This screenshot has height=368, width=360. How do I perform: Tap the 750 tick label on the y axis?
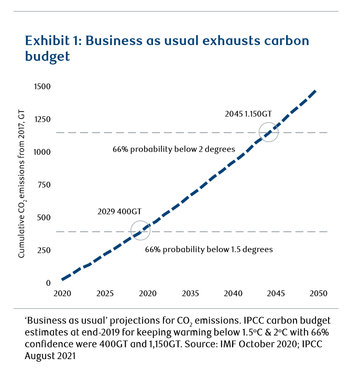44,185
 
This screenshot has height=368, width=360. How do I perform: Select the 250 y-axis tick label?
44,251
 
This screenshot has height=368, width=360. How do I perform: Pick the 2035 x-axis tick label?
189,294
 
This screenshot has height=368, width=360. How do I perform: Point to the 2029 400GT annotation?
119,212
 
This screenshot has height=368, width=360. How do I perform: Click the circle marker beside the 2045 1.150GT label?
269,132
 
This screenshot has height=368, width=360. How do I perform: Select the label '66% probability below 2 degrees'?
173,149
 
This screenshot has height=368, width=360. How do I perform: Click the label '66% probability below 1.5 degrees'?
209,250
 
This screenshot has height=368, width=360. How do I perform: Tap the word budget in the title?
47,57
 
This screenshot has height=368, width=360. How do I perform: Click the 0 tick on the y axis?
48,284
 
